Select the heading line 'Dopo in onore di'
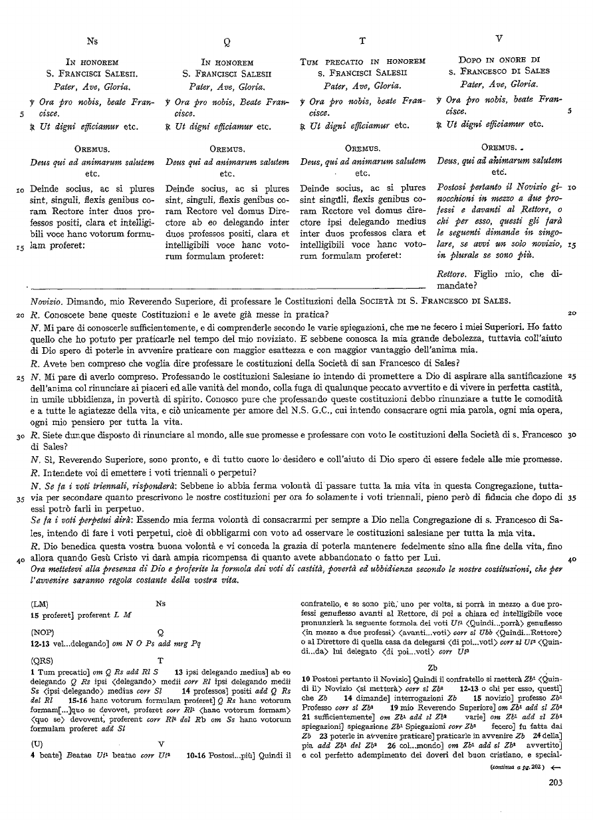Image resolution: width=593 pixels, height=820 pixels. pos(499,59)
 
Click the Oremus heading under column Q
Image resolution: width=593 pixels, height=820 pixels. pos(227,148)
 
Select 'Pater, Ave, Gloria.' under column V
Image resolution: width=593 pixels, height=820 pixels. pos(499,84)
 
